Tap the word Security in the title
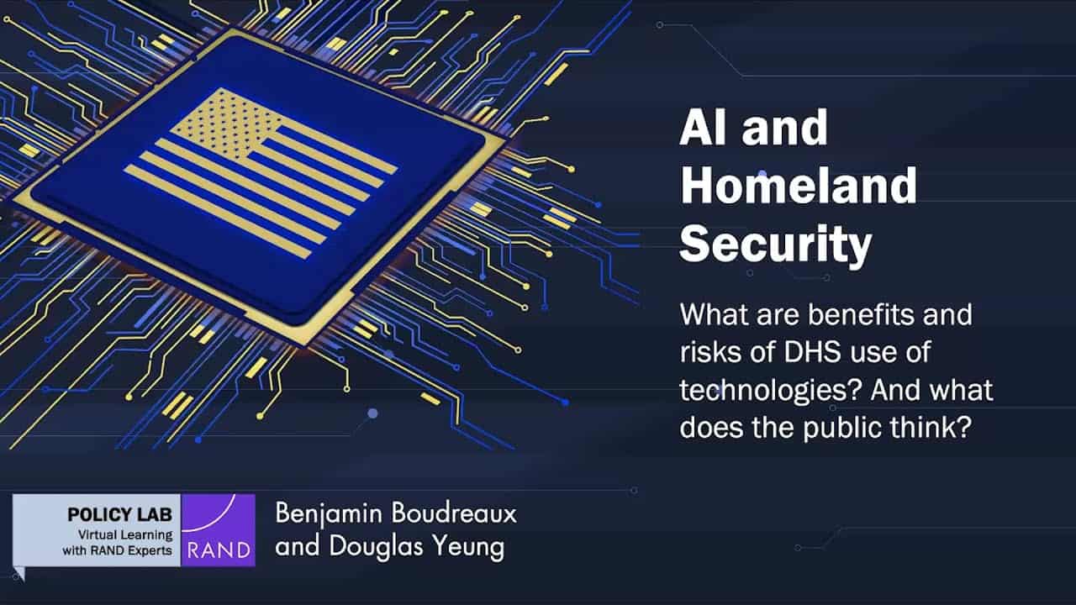775,245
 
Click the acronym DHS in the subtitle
812,351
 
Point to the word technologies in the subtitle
768,391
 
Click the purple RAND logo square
218,530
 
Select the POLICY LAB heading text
119,515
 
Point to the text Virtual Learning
125,534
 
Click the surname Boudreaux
453,513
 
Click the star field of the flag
226,124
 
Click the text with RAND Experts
117,550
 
